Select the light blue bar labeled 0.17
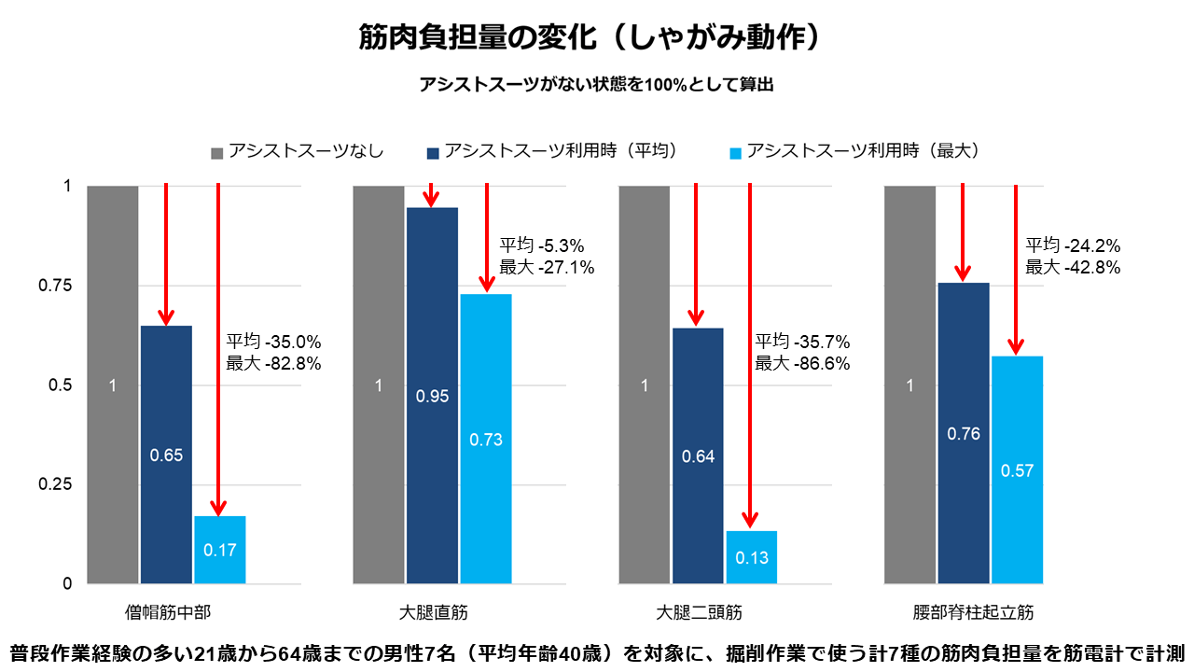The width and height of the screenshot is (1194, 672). point(220,550)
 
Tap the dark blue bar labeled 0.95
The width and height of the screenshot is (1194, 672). point(432,396)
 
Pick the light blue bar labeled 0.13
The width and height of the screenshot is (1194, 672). point(752,557)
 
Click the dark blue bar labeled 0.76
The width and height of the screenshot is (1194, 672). point(964,433)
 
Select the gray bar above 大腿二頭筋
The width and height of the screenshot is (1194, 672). point(644,385)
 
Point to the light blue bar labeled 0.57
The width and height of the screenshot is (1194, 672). point(1017,469)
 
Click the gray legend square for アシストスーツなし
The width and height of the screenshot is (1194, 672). point(217,152)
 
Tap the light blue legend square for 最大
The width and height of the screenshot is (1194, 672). point(734,152)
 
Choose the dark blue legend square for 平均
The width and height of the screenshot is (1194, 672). point(433,152)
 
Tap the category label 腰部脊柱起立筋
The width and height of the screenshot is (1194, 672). point(973,613)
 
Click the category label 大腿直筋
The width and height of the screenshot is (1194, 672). point(432,613)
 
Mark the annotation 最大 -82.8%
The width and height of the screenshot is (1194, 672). point(273,364)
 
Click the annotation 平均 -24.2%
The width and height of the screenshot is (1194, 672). point(1073,246)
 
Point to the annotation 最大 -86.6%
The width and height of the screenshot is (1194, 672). point(802,364)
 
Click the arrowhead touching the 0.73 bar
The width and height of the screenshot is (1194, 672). point(486,284)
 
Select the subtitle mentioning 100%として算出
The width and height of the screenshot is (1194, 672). point(597,84)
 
